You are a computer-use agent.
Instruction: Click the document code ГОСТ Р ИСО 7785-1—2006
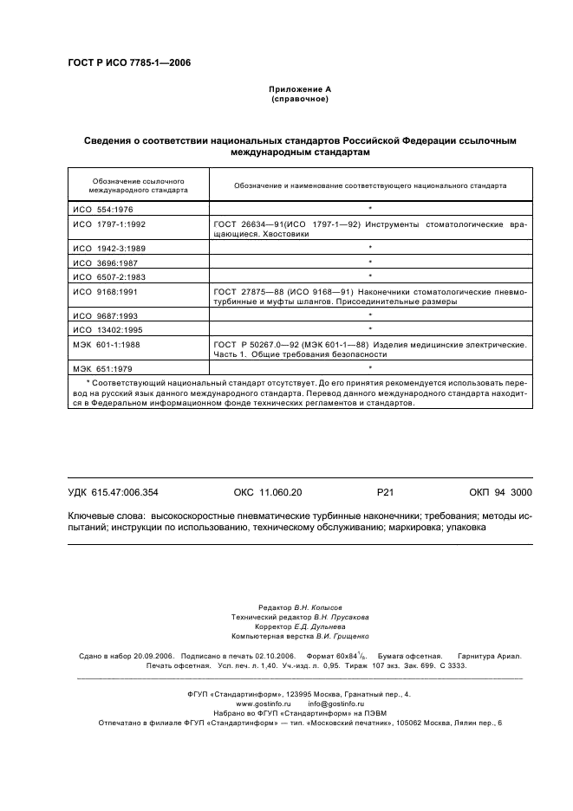(x=129, y=62)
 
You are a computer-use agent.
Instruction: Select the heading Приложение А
(x=299, y=89)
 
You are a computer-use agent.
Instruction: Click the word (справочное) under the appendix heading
(x=299, y=99)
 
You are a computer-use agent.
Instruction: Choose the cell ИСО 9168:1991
(x=102, y=291)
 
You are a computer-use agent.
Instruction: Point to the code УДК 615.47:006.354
(x=113, y=492)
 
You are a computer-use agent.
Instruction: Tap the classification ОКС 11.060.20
(x=268, y=492)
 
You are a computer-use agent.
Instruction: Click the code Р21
(x=386, y=492)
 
